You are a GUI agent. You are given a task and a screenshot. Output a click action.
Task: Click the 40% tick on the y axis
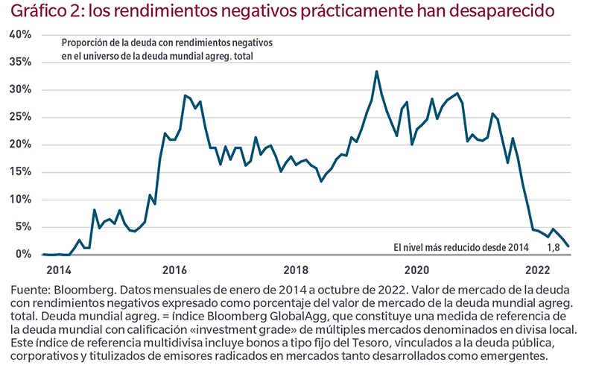(x=19, y=35)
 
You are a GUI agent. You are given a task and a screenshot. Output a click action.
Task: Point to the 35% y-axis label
(x=19, y=62)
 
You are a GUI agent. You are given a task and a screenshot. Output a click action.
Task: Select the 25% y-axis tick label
(x=19, y=117)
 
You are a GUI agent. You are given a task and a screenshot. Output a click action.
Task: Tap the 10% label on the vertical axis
(x=19, y=200)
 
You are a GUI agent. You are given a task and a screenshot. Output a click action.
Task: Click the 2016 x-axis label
(x=174, y=270)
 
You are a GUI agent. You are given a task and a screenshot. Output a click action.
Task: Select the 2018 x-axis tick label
(x=295, y=270)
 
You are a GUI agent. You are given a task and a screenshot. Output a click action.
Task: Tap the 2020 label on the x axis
(x=416, y=270)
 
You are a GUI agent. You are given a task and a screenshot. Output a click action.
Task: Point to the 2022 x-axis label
(x=537, y=270)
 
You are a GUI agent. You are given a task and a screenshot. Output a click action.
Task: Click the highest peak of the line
(x=377, y=72)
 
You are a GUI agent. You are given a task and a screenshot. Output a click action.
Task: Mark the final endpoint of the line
(x=569, y=246)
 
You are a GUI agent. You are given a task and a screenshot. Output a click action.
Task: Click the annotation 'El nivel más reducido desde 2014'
(x=460, y=247)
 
